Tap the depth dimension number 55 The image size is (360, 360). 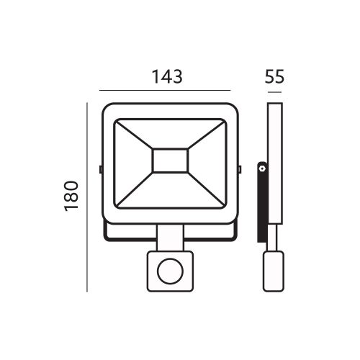[273, 76]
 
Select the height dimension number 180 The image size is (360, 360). [70, 196]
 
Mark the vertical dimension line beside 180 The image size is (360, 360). [87, 197]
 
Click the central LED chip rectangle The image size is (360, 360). [170, 161]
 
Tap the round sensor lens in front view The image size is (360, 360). [170, 271]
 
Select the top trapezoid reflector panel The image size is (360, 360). [170, 134]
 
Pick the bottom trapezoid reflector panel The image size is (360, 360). [170, 190]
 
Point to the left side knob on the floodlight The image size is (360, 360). [100, 170]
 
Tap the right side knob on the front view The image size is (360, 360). [240, 170]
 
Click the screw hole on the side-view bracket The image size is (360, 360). [262, 168]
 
